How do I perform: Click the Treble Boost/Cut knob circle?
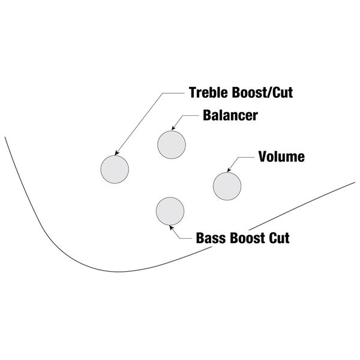coord(114,170)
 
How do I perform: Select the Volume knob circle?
coord(227,185)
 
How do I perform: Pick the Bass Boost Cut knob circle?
coord(170,211)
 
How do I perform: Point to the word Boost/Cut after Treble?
coord(263,93)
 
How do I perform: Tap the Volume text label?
coord(281,157)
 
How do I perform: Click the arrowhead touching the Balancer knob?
coord(175,128)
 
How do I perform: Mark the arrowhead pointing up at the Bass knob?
coord(172,227)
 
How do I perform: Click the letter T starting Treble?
coord(193,93)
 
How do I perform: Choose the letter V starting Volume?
coord(262,157)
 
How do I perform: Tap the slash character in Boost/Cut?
coord(272,93)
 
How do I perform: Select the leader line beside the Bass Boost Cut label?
coord(183,236)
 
